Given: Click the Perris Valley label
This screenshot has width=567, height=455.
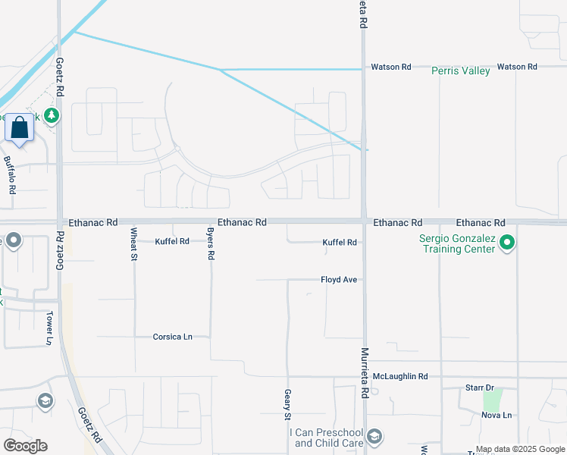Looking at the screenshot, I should click(460, 71).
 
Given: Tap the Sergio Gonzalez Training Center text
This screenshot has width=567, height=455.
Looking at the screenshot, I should click(457, 243).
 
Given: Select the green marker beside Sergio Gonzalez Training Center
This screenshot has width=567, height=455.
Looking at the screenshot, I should click(508, 243).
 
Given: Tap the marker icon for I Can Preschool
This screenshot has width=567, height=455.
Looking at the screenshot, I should click(374, 436).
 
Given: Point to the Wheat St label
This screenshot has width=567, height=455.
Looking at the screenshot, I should click(133, 243).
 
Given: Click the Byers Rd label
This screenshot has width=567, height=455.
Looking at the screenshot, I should click(211, 243).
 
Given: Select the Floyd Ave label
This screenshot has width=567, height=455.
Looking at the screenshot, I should click(338, 280).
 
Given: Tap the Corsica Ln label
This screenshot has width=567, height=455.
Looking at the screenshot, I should click(172, 336).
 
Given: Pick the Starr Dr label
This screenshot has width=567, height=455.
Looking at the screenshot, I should click(479, 388).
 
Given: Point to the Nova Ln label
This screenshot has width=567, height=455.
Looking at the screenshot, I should click(497, 415).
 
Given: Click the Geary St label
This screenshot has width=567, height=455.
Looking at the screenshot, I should click(287, 404).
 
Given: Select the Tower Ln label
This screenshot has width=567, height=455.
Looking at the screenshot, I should click(50, 327).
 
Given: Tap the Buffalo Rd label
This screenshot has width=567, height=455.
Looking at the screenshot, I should click(10, 174).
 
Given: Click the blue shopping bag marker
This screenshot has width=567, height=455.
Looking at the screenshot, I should click(19, 127).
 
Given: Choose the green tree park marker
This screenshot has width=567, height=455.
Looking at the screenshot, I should click(52, 116).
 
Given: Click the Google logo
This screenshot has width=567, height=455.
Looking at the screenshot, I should click(25, 446).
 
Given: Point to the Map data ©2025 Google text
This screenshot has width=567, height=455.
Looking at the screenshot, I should click(519, 449).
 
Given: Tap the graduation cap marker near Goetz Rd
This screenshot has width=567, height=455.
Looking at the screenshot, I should click(45, 400).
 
